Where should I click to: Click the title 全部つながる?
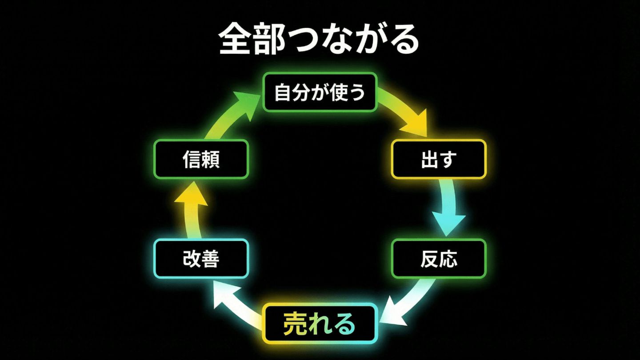pos(319,39)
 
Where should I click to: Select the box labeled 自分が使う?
pos(320,92)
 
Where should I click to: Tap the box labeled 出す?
pos(438,159)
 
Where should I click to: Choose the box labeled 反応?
pos(438,259)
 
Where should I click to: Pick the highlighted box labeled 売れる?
pos(320,324)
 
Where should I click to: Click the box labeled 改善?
pos(201,259)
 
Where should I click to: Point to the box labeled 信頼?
pos(201,159)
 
